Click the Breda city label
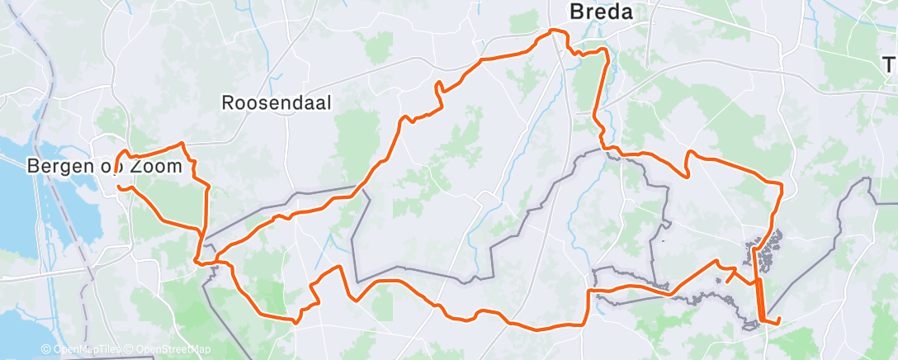pos(602,12)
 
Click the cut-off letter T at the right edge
pos(890,64)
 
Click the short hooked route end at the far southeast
pos(776,320)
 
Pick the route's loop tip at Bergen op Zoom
pos(123,154)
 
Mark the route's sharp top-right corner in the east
pos(781,183)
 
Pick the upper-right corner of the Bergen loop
pos(182,145)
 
